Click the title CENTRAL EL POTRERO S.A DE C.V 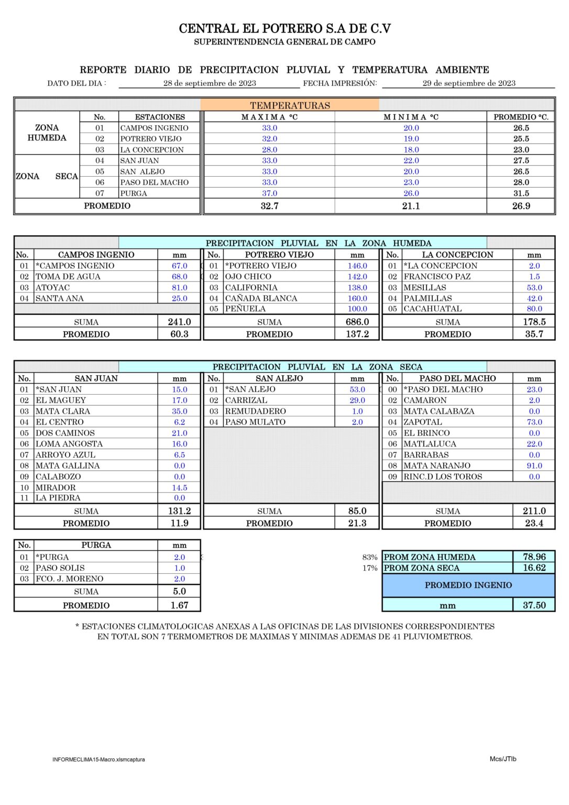[x=284, y=28]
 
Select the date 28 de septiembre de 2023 [x=210, y=83]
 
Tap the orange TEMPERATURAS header [x=290, y=105]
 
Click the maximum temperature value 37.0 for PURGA [x=269, y=193]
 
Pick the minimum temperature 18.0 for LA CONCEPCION [x=411, y=150]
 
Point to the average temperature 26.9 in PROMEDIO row [x=521, y=206]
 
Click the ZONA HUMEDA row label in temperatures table [x=47, y=133]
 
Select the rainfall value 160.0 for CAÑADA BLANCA [x=357, y=298]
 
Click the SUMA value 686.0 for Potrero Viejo [x=357, y=322]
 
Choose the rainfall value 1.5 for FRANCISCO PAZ [x=534, y=277]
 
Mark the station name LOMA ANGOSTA [x=69, y=444]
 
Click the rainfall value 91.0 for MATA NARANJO [x=534, y=465]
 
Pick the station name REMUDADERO [x=256, y=411]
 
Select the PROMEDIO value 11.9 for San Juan [x=179, y=523]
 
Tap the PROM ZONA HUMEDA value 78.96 [x=534, y=557]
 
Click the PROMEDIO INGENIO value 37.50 [x=534, y=605]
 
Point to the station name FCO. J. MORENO [x=70, y=579]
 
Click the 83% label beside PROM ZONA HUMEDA [x=369, y=558]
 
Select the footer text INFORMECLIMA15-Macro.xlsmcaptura [x=99, y=759]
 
